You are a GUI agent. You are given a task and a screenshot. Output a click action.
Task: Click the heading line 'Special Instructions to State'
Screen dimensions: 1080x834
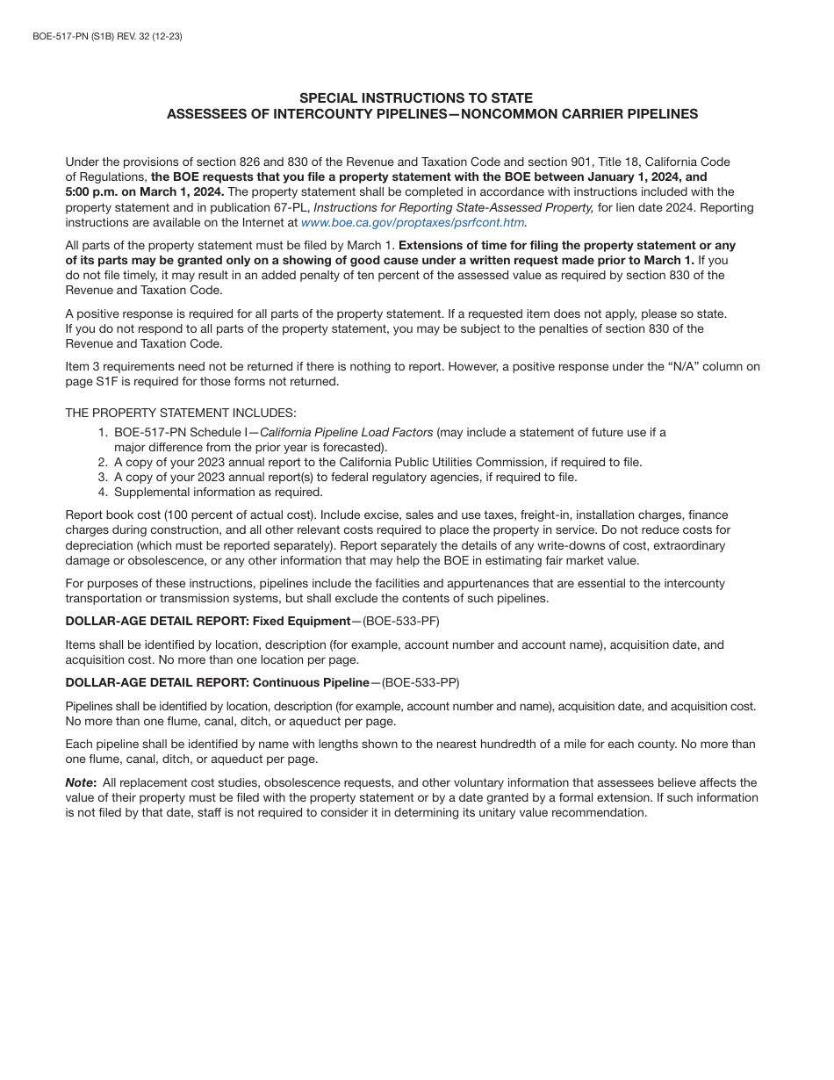416,98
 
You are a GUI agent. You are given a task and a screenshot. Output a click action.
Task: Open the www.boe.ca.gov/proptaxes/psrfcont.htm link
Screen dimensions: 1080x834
413,223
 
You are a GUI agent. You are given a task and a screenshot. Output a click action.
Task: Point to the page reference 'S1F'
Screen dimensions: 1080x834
105,381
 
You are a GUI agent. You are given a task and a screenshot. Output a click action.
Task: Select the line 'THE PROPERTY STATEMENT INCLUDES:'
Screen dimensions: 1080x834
181,413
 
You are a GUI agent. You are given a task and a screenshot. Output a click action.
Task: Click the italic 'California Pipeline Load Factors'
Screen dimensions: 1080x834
347,432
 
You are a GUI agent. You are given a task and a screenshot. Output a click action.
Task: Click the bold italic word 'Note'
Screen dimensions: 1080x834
80,783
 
